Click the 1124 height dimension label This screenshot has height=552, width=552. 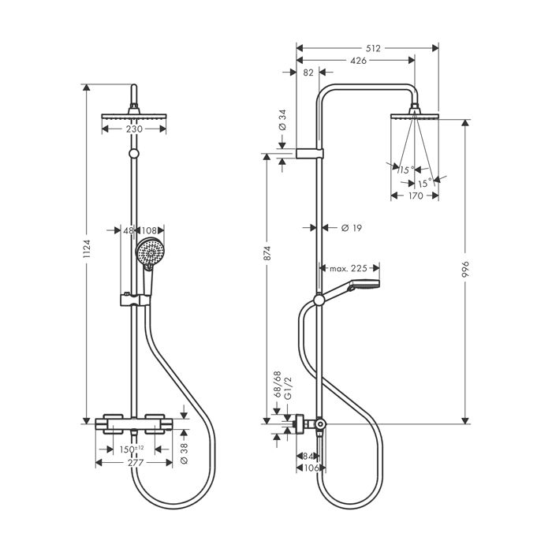(x=87, y=252)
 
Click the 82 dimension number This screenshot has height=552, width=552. (x=308, y=73)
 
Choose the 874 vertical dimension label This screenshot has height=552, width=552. (x=267, y=253)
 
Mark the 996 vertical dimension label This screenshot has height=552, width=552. (x=465, y=268)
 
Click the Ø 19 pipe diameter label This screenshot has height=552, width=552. (x=352, y=228)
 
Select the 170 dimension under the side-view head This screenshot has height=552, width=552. (x=415, y=196)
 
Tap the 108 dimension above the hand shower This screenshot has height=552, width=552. (x=149, y=231)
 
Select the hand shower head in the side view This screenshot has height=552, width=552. (x=371, y=285)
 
